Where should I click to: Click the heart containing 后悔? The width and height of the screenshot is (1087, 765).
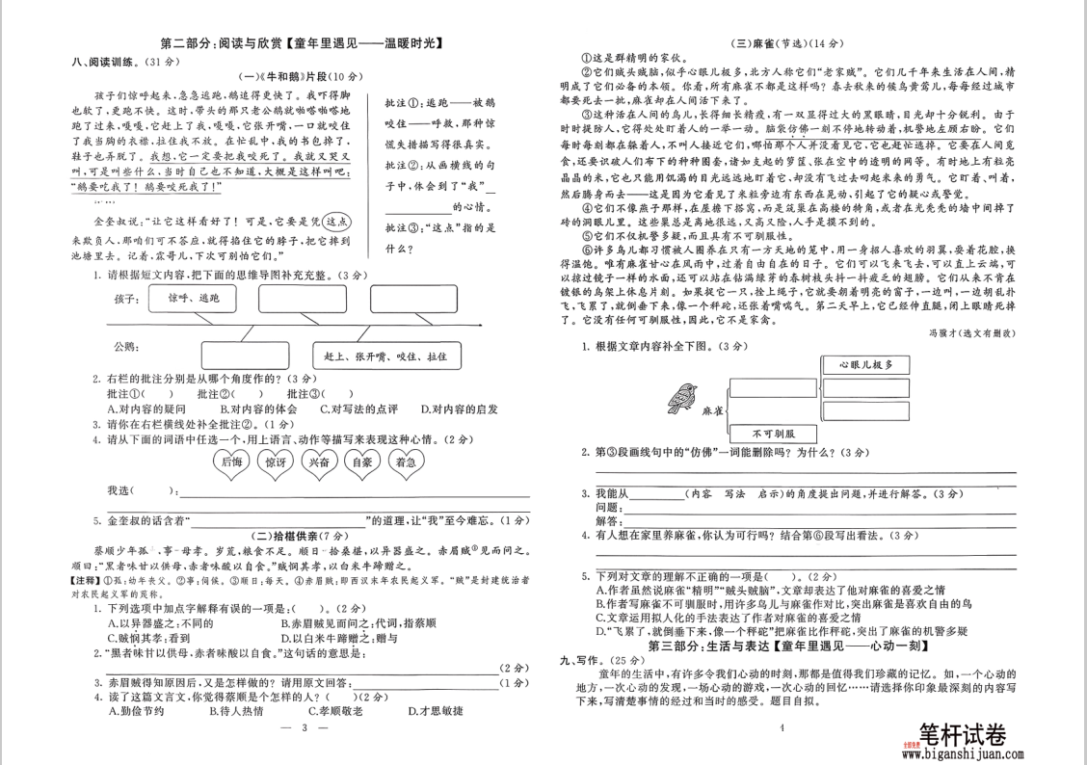point(232,462)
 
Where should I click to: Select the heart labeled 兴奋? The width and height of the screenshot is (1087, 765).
point(319,462)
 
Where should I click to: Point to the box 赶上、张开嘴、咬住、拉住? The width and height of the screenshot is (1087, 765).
point(384,356)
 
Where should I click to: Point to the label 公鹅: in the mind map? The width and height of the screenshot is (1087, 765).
point(126,346)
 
